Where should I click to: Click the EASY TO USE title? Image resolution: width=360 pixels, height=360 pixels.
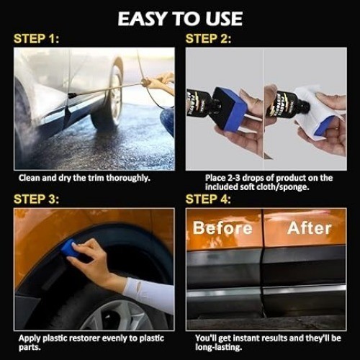pyautogui.click(x=180, y=19)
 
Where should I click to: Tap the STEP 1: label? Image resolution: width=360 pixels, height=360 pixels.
pyautogui.click(x=36, y=39)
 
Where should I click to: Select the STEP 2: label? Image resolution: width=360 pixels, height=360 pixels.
pyautogui.click(x=208, y=39)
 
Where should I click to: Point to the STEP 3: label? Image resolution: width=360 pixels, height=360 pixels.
pyautogui.click(x=36, y=199)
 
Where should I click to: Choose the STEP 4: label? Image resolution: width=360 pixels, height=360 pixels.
pyautogui.click(x=208, y=199)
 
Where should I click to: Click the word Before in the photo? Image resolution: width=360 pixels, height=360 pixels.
pyautogui.click(x=222, y=228)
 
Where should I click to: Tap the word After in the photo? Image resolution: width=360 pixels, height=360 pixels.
pyautogui.click(x=310, y=228)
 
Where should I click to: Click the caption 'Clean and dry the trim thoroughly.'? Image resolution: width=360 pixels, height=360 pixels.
pyautogui.click(x=84, y=178)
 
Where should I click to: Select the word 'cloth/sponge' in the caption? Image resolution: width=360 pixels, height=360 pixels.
pyautogui.click(x=282, y=187)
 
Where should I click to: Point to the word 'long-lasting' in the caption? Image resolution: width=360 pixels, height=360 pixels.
pyautogui.click(x=218, y=347)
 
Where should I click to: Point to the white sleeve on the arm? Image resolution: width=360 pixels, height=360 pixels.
pyautogui.click(x=149, y=294)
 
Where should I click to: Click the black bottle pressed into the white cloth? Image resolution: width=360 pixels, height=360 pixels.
pyautogui.click(x=287, y=104)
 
